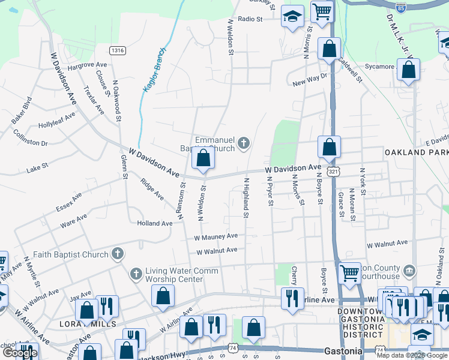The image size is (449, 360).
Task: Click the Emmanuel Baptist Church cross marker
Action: [243, 143]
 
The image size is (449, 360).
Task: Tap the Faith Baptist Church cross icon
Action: [118, 254]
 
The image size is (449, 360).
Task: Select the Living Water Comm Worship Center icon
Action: [136, 274]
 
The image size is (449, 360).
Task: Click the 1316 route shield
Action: [118, 50]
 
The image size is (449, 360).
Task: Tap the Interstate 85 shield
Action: [401, 8]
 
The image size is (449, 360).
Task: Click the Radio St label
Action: [250, 19]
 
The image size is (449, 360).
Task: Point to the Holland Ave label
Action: [154, 223]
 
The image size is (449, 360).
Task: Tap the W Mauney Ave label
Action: [215, 237]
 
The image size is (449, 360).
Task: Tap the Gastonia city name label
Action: [342, 349]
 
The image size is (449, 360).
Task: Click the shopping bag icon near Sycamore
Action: [408, 71]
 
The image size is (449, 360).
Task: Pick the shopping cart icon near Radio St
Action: [322, 11]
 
